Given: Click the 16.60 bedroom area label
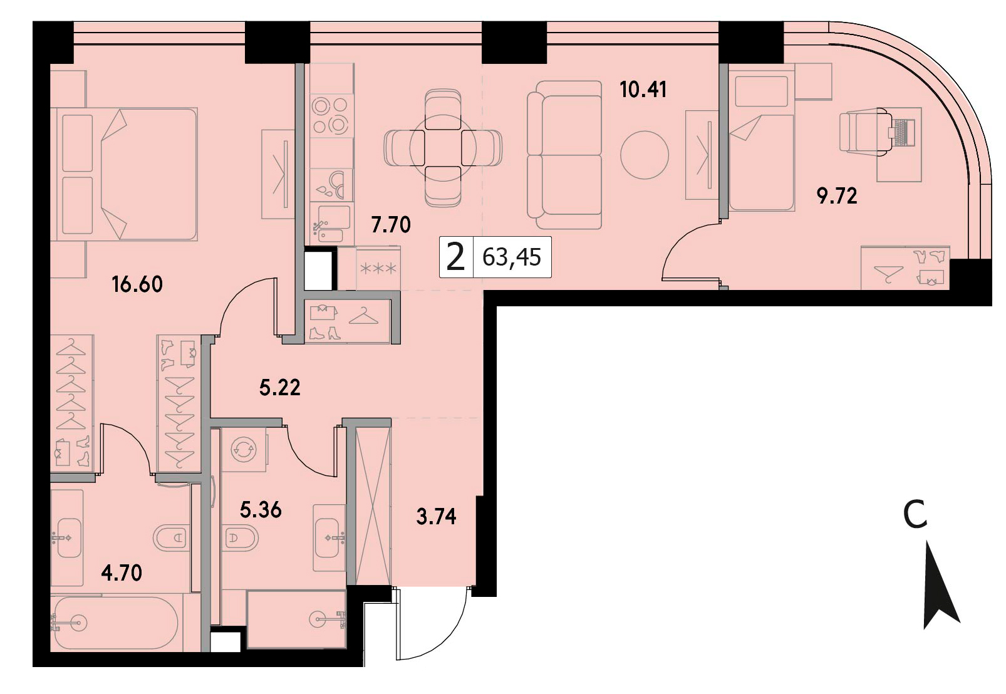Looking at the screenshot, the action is click(x=137, y=284).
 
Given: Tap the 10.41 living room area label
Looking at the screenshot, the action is click(x=643, y=90).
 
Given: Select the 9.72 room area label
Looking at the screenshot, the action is click(x=837, y=196).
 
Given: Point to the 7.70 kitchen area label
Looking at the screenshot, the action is click(x=391, y=225).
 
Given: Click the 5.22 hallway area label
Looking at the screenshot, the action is click(x=280, y=388).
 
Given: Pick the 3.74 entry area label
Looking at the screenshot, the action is click(x=436, y=517).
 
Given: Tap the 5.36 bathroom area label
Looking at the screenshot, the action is click(x=261, y=510).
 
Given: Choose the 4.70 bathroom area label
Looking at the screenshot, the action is click(x=122, y=573).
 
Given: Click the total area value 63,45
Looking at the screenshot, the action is click(x=512, y=257).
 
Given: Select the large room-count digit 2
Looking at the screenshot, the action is click(x=456, y=257).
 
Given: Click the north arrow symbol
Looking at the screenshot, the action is click(x=940, y=591).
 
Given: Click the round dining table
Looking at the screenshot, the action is click(x=443, y=148).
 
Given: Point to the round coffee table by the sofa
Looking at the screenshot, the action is click(x=645, y=155).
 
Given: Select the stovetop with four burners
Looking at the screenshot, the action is click(x=331, y=116).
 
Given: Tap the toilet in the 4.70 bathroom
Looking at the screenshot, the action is click(x=170, y=537).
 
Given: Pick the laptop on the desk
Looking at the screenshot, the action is click(x=903, y=132).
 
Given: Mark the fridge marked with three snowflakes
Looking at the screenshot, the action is click(x=378, y=268).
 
